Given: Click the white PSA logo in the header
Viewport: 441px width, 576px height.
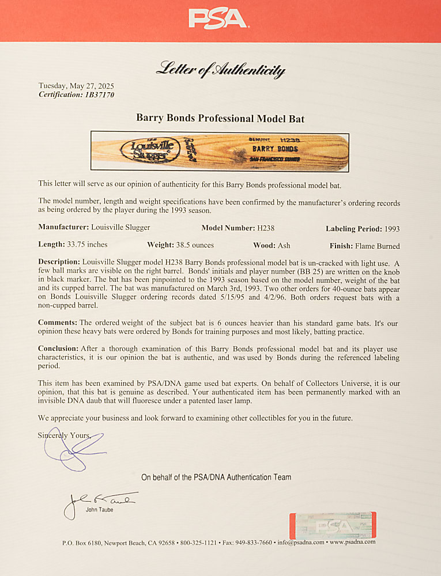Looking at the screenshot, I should [x=219, y=18].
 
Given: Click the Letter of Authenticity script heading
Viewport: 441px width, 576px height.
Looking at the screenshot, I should [x=220, y=70].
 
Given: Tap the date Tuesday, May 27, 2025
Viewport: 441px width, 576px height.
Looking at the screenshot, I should [x=76, y=86].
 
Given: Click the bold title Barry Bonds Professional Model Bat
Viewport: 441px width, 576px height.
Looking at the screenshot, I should [x=220, y=118].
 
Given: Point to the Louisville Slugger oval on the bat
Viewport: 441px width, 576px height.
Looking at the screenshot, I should [x=148, y=151].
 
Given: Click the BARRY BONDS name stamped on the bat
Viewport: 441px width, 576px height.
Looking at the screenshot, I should [x=275, y=149].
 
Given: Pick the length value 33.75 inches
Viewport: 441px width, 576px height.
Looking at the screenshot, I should [x=87, y=245].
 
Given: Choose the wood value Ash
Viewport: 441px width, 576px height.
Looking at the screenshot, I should [x=284, y=245].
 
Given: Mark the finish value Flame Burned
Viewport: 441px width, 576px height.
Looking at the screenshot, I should [x=378, y=245].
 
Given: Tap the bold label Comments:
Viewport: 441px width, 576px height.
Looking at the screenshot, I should [x=58, y=323].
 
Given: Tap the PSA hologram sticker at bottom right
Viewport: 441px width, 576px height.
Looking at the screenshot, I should [x=332, y=525].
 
